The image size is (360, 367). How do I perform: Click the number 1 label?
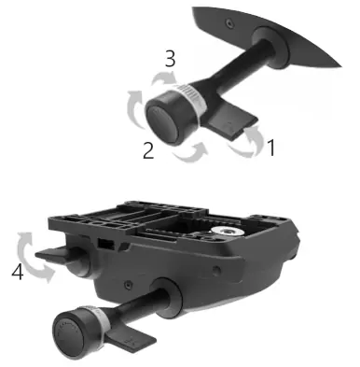pos(269,148)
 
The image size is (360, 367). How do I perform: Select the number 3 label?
pos(170,59)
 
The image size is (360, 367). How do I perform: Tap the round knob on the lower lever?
pos(74,333)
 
